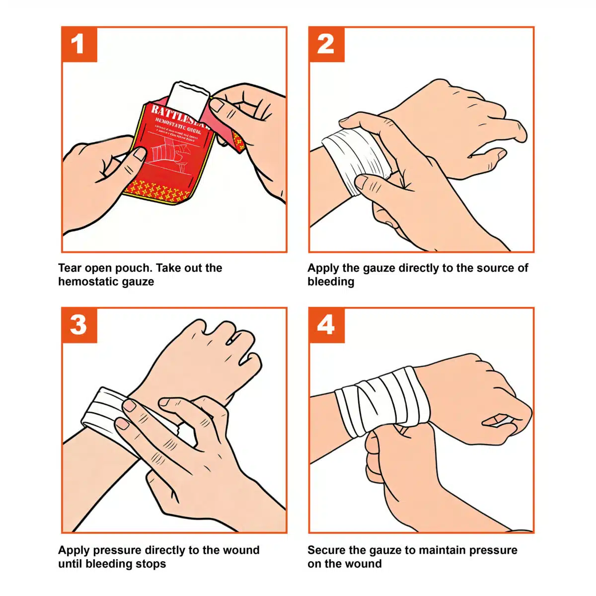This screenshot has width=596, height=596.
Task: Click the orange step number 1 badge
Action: pos(79,45)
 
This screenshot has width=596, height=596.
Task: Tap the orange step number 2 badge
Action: pos(326,45)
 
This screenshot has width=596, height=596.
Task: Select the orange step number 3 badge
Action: pos(79,325)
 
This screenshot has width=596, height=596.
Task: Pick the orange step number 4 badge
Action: pos(326,325)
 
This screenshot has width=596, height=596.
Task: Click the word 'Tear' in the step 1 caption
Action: pos(70,268)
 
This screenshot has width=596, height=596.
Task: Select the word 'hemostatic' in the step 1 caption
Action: pos(85,282)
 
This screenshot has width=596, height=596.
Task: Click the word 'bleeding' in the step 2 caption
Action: pos(331,282)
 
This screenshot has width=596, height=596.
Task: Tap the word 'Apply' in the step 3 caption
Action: pos(74,550)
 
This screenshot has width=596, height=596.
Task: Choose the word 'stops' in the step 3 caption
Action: pos(151,564)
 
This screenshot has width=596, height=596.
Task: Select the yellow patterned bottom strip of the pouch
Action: pos(159,190)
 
